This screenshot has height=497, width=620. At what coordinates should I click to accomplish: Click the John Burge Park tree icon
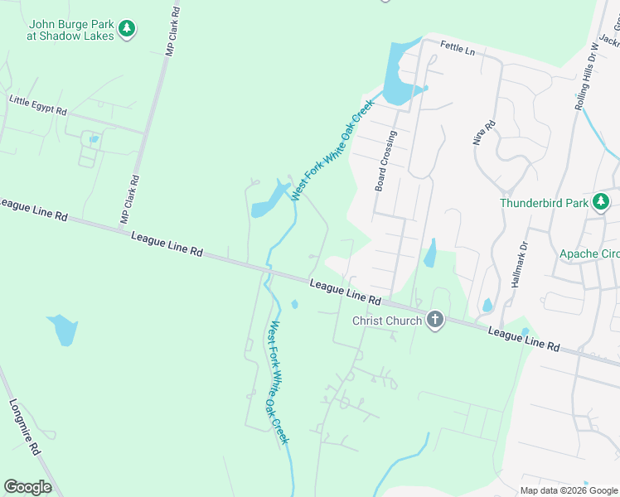127,30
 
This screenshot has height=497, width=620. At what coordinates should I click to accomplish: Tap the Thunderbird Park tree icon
601,202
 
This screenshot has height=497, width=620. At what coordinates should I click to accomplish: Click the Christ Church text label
387,321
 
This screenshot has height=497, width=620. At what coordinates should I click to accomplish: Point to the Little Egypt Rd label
38,105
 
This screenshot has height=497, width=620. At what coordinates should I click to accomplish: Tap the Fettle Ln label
458,50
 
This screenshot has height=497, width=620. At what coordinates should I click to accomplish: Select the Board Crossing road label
385,161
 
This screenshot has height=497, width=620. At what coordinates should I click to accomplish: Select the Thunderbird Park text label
543,203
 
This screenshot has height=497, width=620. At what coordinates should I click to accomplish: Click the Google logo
27,487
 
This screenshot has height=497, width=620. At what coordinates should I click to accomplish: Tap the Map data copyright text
568,490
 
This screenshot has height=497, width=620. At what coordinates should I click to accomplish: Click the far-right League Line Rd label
524,337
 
